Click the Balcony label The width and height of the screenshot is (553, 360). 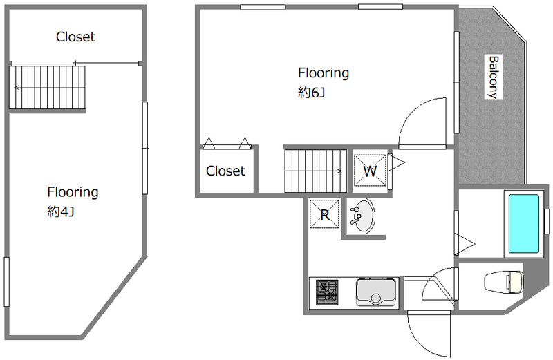point(493,77)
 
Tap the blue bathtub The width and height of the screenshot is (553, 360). point(524,224)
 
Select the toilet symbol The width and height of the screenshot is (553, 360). point(504,282)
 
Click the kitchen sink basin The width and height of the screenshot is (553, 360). point(375,292)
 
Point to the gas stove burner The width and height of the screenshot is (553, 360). point(327,292)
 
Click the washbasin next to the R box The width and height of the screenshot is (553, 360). point(361,215)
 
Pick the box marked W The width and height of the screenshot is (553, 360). point(370,171)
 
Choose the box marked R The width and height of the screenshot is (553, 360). point(324,214)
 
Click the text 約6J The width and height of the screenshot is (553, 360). point(311,93)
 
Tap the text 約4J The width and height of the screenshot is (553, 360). point(61,211)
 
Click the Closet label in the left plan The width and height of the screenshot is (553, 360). point(75,37)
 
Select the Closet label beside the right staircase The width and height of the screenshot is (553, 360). point(225,171)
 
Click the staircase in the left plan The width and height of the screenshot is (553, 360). point(47,88)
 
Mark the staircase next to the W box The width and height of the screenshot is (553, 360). point(316,171)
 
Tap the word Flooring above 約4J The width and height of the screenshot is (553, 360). point(73,192)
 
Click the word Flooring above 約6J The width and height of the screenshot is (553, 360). point(324,73)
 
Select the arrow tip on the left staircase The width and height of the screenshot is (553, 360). point(14,88)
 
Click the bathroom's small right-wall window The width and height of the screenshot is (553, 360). point(547,221)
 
